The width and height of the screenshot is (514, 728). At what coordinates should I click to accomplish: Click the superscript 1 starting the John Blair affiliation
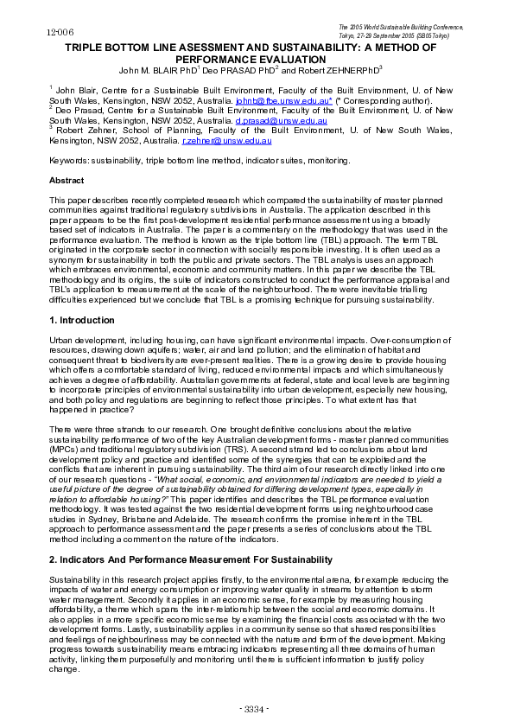point(51,87)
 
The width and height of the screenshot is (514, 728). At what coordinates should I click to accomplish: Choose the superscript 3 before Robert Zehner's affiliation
point(51,128)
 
